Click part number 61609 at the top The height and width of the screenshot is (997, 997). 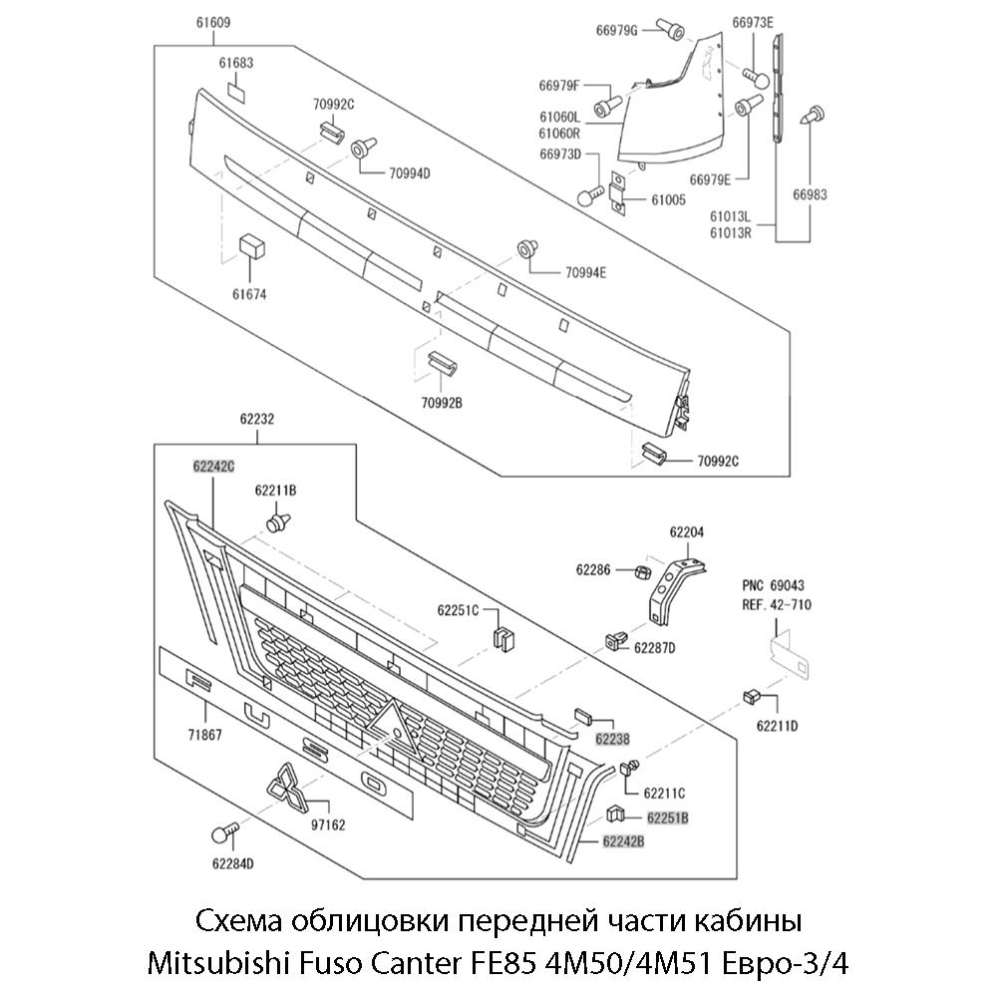(x=213, y=22)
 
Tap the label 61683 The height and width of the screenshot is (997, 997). (x=236, y=63)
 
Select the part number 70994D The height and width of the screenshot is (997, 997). (x=410, y=172)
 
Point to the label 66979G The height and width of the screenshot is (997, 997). (x=616, y=30)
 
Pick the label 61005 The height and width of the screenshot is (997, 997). (x=668, y=199)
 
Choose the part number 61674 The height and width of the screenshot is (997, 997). (x=249, y=295)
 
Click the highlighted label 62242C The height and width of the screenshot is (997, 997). (x=213, y=466)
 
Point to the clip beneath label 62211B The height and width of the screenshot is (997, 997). (x=280, y=521)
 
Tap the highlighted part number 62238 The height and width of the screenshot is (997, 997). (x=613, y=739)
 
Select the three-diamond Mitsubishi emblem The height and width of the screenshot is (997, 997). (x=289, y=792)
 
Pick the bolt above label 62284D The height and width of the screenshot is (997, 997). (x=226, y=831)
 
